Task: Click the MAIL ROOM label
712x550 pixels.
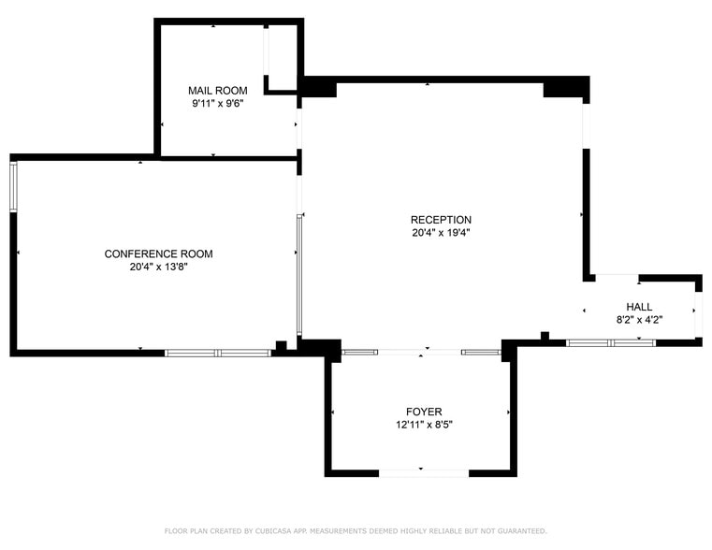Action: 217,91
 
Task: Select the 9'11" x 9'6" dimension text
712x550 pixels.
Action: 217,104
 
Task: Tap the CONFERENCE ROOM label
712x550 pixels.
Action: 158,253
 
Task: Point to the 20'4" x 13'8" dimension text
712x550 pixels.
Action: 158,267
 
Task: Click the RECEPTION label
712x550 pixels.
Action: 441,220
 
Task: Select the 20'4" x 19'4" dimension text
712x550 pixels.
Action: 441,233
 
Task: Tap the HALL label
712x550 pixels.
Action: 640,307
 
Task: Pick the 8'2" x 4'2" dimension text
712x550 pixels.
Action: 640,320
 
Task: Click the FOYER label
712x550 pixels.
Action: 424,412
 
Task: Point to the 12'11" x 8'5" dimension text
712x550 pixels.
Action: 424,425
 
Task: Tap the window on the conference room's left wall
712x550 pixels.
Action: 13,186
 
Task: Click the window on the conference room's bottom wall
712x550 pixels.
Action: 218,353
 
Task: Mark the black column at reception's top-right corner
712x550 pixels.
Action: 565,87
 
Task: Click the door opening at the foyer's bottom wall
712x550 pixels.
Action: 423,473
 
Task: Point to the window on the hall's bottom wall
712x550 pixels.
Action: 611,343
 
